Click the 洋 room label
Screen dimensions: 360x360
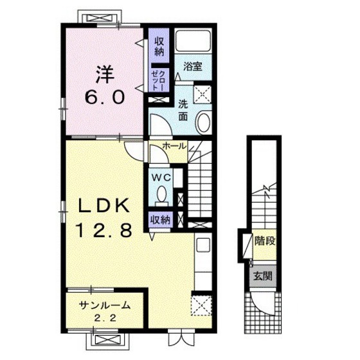tap(105, 74)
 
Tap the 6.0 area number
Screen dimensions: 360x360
tap(105, 97)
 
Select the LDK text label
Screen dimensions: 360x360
tap(104, 205)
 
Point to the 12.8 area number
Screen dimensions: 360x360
tap(104, 230)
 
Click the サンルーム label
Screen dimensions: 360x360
tap(105, 305)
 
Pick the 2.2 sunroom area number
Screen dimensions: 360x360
tap(105, 318)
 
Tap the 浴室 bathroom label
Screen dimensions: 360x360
tap(193, 66)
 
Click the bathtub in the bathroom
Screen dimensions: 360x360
tap(193, 40)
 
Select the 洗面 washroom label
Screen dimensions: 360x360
tap(183, 111)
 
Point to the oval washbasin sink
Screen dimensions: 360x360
tap(204, 123)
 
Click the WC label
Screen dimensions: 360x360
tap(161, 177)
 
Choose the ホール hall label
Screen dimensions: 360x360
tap(174, 146)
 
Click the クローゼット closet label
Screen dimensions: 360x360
tap(158, 80)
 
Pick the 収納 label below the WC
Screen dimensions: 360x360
tap(160, 220)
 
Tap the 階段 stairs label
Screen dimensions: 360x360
tap(265, 241)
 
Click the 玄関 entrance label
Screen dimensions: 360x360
tap(263, 276)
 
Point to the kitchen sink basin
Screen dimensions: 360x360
tap(203, 245)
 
